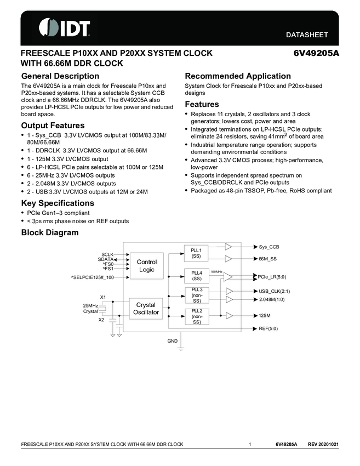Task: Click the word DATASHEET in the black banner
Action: click(x=307, y=35)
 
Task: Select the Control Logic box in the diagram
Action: click(x=146, y=266)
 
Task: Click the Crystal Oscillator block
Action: click(x=146, y=309)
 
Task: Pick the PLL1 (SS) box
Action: click(x=196, y=253)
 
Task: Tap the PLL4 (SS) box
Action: click(x=196, y=275)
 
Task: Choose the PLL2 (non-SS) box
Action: click(x=196, y=316)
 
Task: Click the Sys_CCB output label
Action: click(x=269, y=247)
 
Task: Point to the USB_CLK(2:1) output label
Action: click(x=274, y=291)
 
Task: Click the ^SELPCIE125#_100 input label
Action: click(x=92, y=277)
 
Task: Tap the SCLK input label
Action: click(x=107, y=254)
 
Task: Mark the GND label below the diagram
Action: click(x=172, y=341)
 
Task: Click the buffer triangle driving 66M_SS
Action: click(x=228, y=258)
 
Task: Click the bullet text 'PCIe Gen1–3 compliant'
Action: click(x=58, y=213)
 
